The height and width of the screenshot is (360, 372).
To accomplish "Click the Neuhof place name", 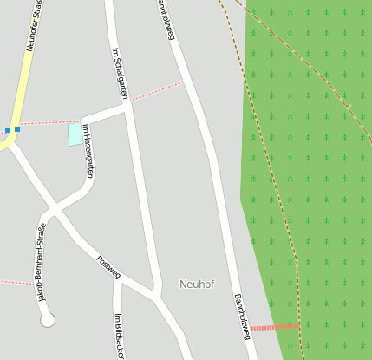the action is coord(197,284).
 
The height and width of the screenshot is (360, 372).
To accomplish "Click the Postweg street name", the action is coord(108,267).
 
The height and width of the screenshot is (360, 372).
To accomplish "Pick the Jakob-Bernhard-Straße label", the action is coord(40,261).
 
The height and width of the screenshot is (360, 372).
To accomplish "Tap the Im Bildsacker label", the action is coord(119,336).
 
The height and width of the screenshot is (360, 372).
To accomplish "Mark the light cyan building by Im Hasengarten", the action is coord(75,134).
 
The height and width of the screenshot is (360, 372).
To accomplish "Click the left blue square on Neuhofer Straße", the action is coord(8,130).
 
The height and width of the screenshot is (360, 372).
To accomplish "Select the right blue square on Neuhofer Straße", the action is coord(17,129).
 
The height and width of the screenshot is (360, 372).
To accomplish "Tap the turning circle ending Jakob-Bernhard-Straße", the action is coord(48,320).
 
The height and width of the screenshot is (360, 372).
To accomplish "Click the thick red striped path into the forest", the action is coord(275,327).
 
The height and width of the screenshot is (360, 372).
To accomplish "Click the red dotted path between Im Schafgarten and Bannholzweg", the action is coord(156,93).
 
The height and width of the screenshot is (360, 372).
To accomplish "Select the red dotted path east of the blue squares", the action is coord(50,123).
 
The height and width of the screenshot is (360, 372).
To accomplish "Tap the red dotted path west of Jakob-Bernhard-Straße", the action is coord(15,282).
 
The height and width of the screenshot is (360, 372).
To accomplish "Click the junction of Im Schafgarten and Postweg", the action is coord(156,295).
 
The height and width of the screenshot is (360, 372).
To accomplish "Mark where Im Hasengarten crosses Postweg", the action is coord(54,209).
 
